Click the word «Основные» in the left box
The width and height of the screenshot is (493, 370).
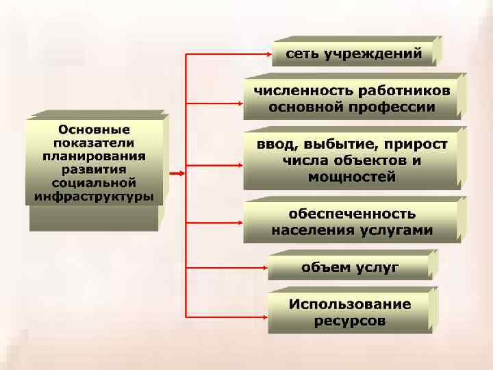click(x=94, y=129)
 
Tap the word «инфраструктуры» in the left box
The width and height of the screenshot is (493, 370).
click(x=94, y=197)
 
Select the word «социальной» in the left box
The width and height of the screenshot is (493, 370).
click(x=94, y=184)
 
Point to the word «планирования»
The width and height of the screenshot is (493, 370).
click(x=94, y=156)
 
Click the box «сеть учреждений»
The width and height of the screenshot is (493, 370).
click(x=353, y=53)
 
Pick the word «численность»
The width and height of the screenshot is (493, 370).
click(x=294, y=91)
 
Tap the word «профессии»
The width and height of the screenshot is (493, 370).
click(x=401, y=107)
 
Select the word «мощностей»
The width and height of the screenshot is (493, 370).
click(x=352, y=177)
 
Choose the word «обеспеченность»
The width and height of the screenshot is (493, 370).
click(x=352, y=214)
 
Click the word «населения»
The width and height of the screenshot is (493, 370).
click(x=312, y=230)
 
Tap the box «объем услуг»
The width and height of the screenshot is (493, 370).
click(x=349, y=267)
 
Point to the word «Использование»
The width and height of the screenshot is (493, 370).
click(x=349, y=304)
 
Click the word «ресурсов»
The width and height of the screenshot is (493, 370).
click(x=349, y=321)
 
